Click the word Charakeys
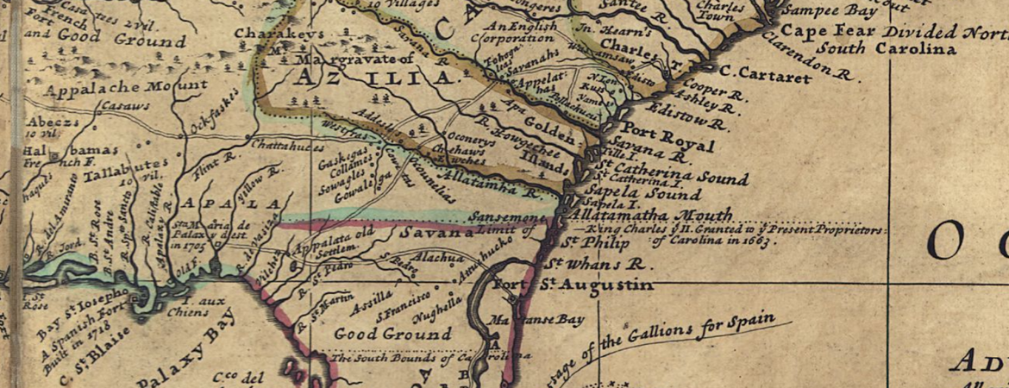click(276, 34)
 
